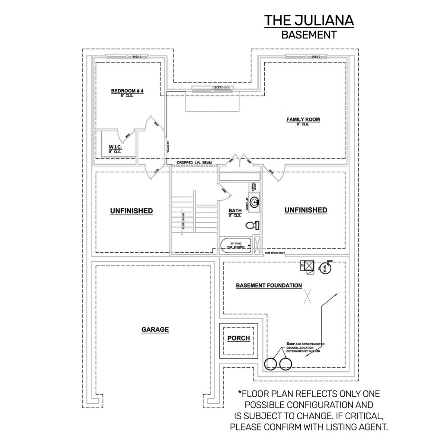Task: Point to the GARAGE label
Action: pyautogui.click(x=155, y=330)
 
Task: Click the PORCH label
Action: pyautogui.click(x=239, y=338)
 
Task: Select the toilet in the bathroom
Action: pyautogui.click(x=251, y=225)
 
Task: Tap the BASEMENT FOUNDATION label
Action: pyautogui.click(x=269, y=286)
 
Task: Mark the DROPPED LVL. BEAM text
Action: pyautogui.click(x=195, y=163)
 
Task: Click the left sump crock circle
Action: pyautogui.click(x=271, y=364)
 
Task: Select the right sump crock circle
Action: pyautogui.click(x=286, y=364)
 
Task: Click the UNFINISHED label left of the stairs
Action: pyautogui.click(x=131, y=211)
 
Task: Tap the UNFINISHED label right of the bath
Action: pyautogui.click(x=305, y=210)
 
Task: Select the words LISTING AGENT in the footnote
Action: pyautogui.click(x=353, y=427)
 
